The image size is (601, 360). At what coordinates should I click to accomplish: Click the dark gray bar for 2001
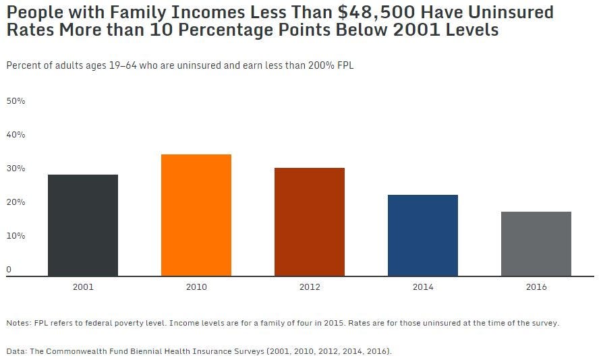(83, 225)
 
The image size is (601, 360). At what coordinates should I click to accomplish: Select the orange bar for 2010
(196, 215)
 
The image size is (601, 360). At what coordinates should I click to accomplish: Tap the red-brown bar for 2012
(310, 222)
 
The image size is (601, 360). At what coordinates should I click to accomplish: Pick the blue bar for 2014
(423, 235)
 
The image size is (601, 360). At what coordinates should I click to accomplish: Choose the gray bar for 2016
(536, 243)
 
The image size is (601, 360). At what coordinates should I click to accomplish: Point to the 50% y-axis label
(16, 101)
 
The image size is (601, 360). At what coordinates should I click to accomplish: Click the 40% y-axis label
(16, 135)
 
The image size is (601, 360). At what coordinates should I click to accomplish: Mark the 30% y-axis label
(16, 169)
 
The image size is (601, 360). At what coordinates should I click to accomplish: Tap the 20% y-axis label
(16, 202)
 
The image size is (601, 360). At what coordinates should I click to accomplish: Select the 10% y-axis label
(16, 236)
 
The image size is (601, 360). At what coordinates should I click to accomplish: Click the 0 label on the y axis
(9, 270)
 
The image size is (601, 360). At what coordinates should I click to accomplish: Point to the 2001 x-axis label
(83, 287)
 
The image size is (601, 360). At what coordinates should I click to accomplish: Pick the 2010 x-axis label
(196, 287)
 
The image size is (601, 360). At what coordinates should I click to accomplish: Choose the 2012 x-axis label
(310, 287)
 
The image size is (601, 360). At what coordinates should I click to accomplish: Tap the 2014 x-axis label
(423, 287)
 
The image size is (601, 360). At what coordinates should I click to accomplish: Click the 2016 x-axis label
(536, 287)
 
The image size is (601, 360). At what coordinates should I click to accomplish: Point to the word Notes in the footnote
(18, 323)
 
